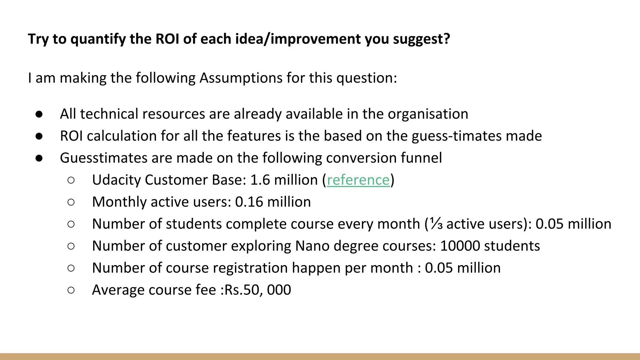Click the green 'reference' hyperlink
pos(358,180)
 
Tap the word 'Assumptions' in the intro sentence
pos(241,78)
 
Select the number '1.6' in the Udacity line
pos(260,180)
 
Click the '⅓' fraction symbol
pos(436,224)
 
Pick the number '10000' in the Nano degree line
pos(460,246)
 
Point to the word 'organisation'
pos(428,114)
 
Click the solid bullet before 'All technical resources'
pos(39,114)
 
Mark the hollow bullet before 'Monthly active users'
pos(71,202)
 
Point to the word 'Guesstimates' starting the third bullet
pos(103,158)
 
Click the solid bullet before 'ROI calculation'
pos(39,136)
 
